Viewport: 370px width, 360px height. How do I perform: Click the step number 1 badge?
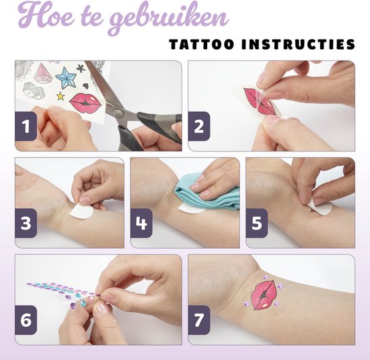click(26, 126)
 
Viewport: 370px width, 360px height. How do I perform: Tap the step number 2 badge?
click(199, 126)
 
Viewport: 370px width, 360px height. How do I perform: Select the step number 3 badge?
click(26, 223)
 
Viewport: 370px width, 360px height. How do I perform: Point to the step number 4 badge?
click(141, 223)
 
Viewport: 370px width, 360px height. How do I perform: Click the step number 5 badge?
click(257, 223)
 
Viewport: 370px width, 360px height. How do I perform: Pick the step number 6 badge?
click(26, 320)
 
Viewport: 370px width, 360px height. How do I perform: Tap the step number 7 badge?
click(199, 320)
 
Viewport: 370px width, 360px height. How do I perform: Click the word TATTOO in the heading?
click(202, 44)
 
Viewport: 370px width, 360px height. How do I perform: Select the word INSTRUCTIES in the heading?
click(299, 44)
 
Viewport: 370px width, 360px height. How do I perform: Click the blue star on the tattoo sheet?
click(66, 77)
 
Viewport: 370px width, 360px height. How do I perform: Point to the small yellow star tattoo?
click(61, 96)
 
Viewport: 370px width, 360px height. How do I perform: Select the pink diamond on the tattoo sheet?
click(42, 73)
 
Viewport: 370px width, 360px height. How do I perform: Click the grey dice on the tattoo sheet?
click(34, 90)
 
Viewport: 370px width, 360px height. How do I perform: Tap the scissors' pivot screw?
click(118, 113)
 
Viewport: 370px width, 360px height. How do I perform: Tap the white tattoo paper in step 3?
click(83, 211)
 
